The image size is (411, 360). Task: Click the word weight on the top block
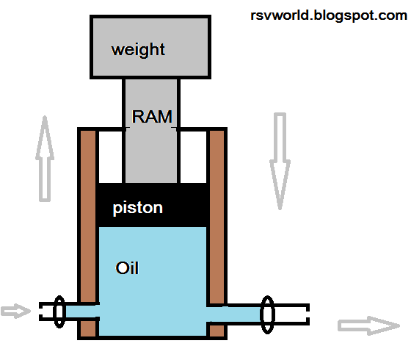point(138,50)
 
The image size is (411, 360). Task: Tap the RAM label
point(152,116)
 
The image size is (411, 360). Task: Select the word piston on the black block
point(138,208)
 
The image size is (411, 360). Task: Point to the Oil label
point(127,268)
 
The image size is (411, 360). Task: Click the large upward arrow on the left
point(46,158)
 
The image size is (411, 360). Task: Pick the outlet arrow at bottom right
point(368,325)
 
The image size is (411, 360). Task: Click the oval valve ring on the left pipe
point(59,312)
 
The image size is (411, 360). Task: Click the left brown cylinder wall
point(88,213)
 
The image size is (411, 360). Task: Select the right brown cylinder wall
point(217,213)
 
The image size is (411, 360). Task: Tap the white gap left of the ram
point(110,156)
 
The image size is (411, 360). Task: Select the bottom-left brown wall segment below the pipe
point(88,329)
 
